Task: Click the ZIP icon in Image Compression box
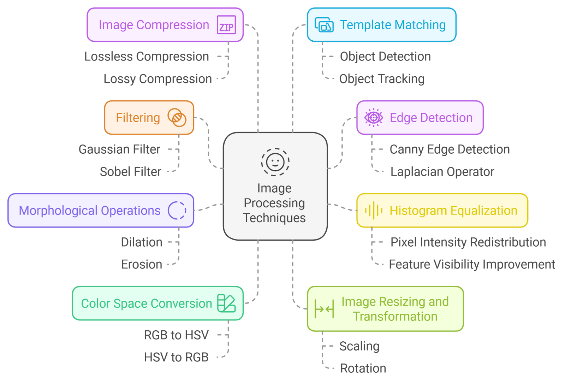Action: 226,25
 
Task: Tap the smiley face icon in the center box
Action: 275,162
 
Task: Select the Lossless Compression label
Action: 147,57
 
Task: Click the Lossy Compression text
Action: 157,79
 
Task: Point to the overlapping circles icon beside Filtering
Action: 177,118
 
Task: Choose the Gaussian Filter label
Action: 119,149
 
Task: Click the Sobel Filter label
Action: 130,172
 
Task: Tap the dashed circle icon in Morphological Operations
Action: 177,211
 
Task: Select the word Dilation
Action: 142,242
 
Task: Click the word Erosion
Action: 142,264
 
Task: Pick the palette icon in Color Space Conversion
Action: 226,303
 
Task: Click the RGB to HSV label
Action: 176,335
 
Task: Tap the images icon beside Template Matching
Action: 324,25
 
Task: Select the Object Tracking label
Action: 382,79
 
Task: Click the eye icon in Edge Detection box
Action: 374,118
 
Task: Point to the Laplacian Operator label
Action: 442,172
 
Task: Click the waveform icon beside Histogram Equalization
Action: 374,211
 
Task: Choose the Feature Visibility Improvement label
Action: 472,264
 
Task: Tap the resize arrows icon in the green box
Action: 324,310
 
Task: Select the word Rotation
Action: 363,369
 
